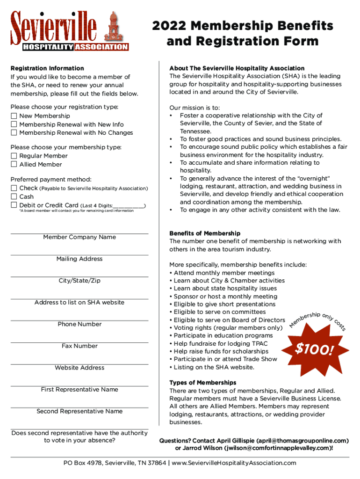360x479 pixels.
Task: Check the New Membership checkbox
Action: tap(14, 116)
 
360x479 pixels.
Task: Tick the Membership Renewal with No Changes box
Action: tap(14, 133)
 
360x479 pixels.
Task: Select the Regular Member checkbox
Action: tap(14, 156)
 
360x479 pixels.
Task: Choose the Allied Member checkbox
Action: tap(14, 165)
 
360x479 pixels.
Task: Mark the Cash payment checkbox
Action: tap(14, 197)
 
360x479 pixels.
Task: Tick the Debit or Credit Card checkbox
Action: tap(14, 205)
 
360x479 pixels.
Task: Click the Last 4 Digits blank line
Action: tap(129, 206)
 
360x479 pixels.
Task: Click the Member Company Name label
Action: tap(79, 237)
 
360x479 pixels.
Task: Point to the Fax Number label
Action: tap(79, 346)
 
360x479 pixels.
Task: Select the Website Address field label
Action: tap(79, 368)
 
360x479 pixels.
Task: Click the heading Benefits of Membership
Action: tap(205, 233)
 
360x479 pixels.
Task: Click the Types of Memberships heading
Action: tap(203, 383)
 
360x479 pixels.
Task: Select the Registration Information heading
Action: tap(47, 68)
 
